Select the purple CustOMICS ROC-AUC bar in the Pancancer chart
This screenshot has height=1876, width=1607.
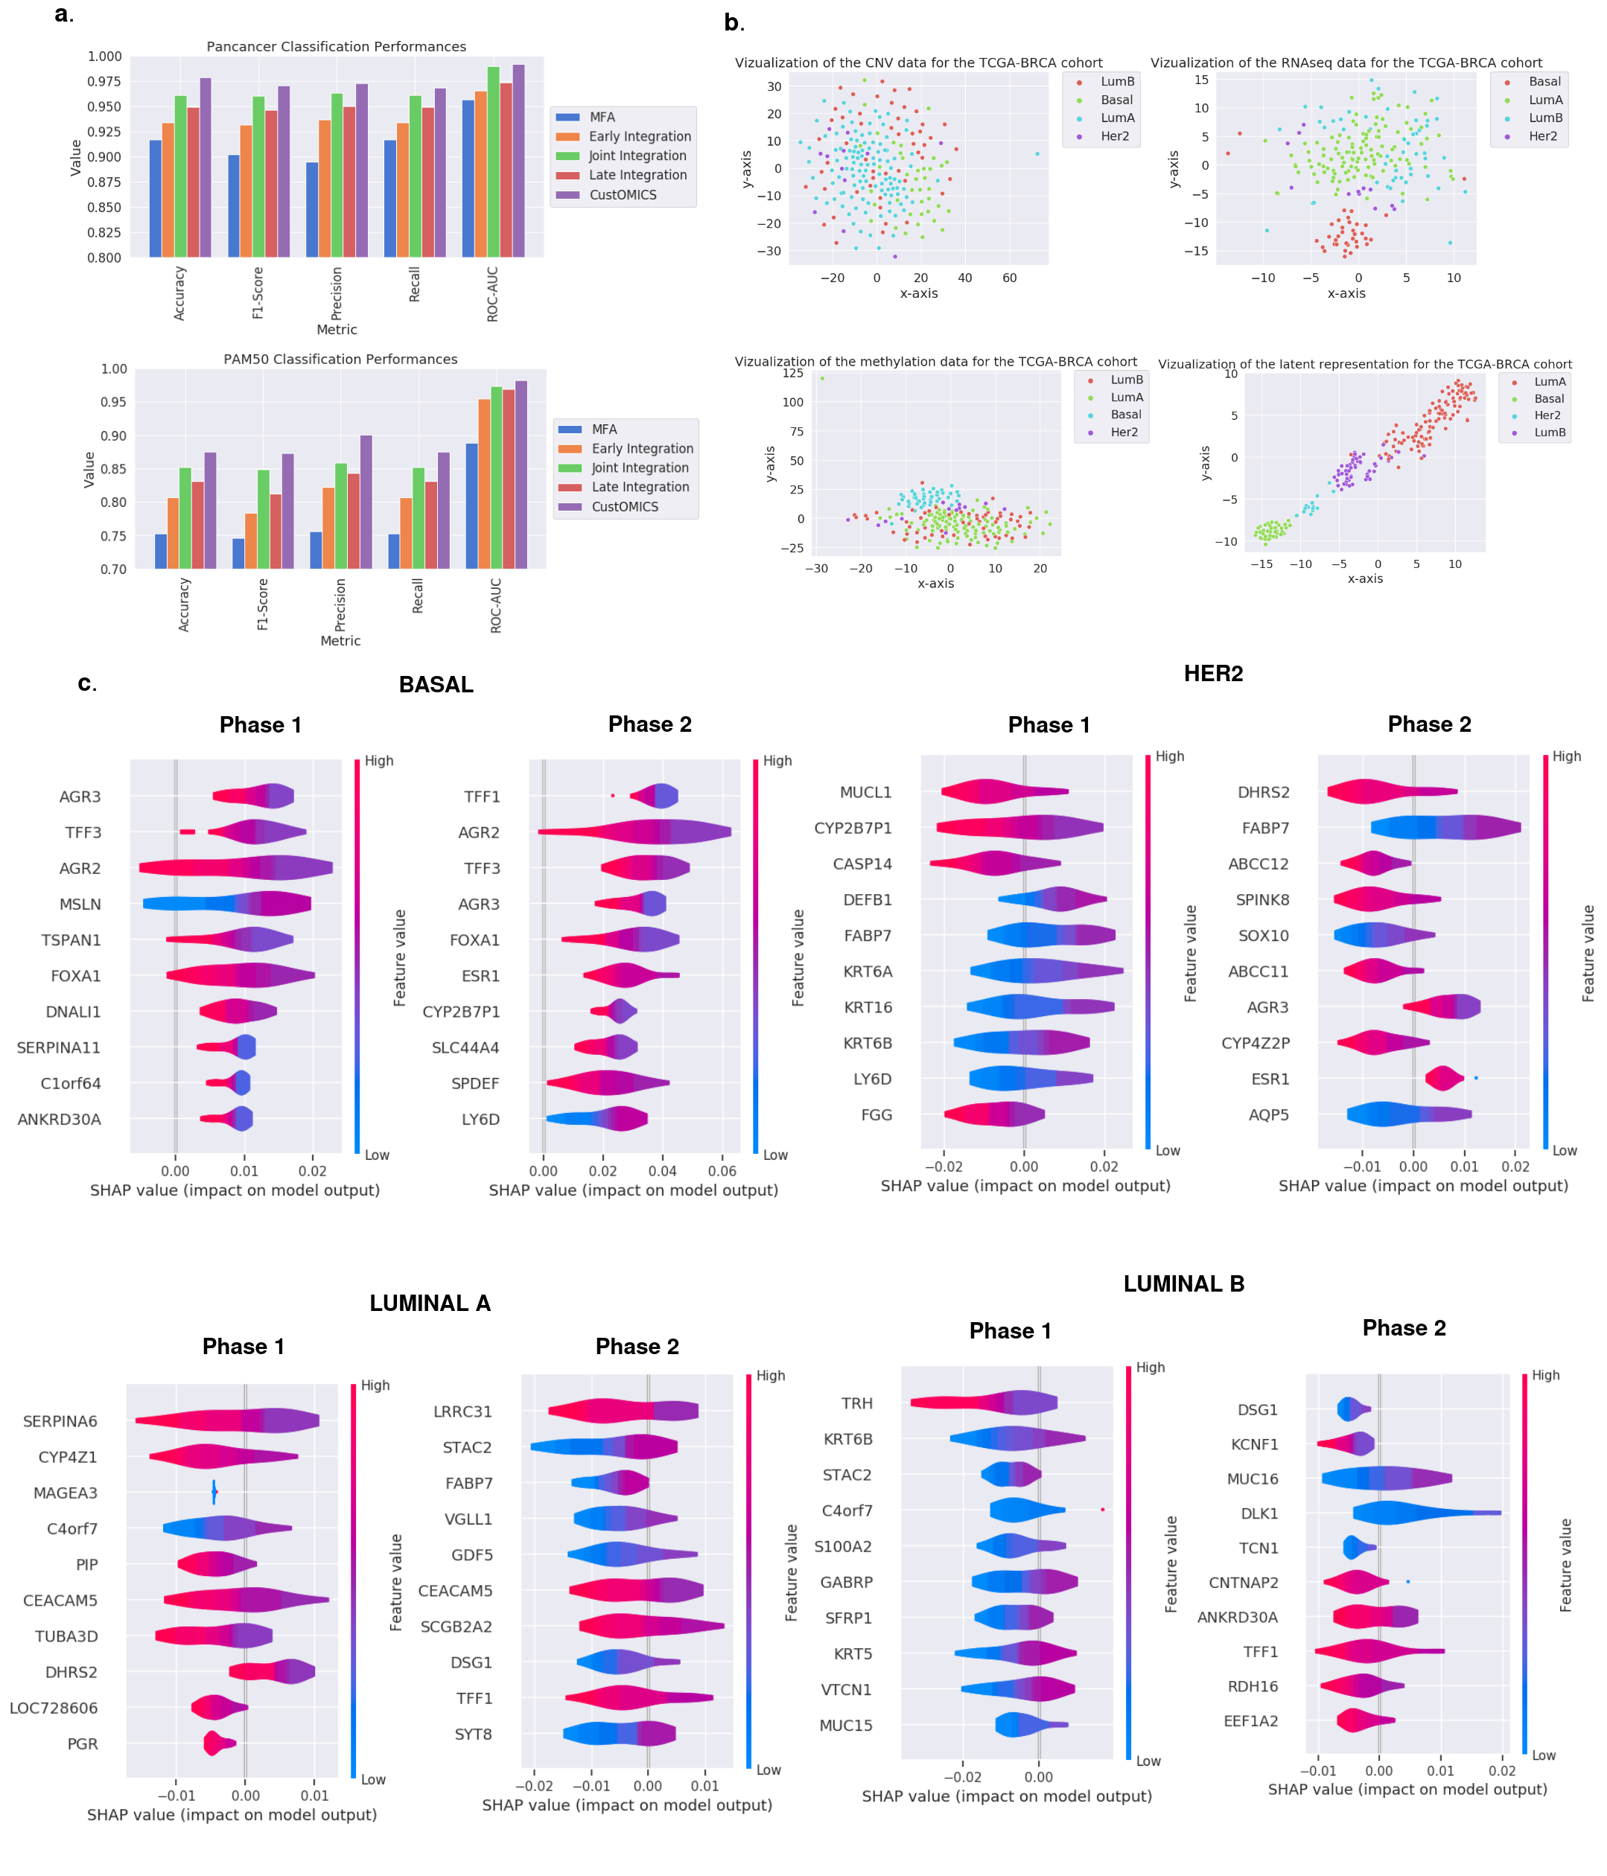(x=519, y=161)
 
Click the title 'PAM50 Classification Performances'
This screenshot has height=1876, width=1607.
(x=340, y=360)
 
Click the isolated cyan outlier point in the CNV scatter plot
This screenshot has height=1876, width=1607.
(x=1037, y=154)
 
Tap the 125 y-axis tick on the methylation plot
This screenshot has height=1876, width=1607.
(x=792, y=373)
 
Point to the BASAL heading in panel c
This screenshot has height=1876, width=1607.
(x=436, y=684)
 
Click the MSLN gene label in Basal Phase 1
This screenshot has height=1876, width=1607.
(x=80, y=904)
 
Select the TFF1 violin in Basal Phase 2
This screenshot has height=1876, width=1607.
(x=654, y=796)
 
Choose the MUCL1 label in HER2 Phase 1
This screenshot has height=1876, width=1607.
(x=866, y=792)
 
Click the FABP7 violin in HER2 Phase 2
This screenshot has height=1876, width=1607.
(x=1445, y=828)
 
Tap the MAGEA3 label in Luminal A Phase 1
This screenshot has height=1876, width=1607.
(x=66, y=1493)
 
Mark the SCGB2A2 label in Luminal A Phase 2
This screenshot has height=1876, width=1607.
(x=456, y=1627)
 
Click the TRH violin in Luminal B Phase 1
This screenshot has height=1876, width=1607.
(x=984, y=1403)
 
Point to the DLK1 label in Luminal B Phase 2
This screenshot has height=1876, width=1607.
(x=1259, y=1514)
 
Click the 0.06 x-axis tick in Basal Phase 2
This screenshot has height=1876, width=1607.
(x=722, y=1171)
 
